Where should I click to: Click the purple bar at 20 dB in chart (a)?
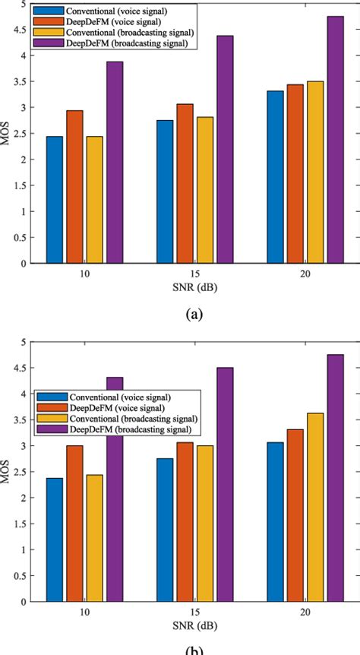pos(335,140)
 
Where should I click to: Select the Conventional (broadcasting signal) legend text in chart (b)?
pos(134,419)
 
